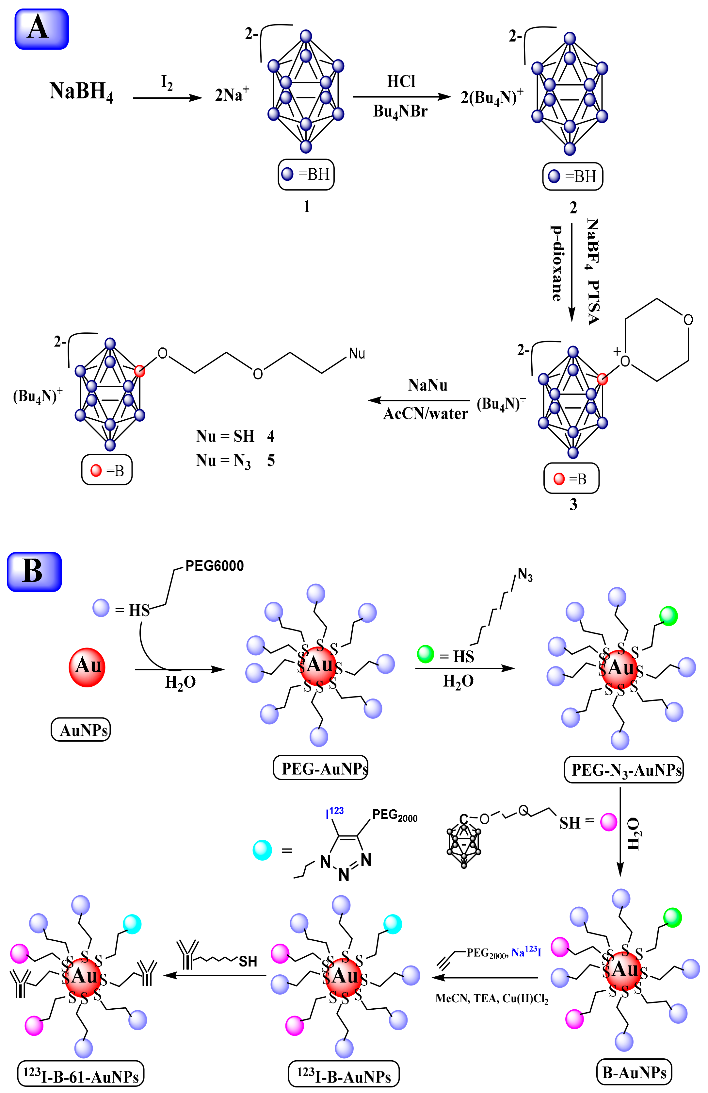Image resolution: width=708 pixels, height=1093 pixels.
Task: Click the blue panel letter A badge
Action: click(41, 29)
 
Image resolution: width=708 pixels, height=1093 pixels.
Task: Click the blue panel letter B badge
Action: click(34, 571)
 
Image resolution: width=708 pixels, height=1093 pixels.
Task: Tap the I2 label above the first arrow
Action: click(167, 83)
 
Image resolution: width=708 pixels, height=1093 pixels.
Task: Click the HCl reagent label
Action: click(401, 81)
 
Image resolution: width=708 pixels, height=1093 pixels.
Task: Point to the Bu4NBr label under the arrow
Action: click(400, 111)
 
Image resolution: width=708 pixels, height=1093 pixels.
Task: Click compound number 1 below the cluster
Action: click(306, 207)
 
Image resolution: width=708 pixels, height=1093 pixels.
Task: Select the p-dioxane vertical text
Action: click(556, 263)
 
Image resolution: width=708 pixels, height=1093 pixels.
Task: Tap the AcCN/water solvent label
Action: click(425, 414)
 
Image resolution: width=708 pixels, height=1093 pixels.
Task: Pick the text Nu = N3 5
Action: click(235, 461)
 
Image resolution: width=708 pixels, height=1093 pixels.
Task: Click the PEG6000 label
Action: click(214, 566)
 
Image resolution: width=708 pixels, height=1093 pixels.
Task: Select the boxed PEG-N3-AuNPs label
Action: click(623, 770)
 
